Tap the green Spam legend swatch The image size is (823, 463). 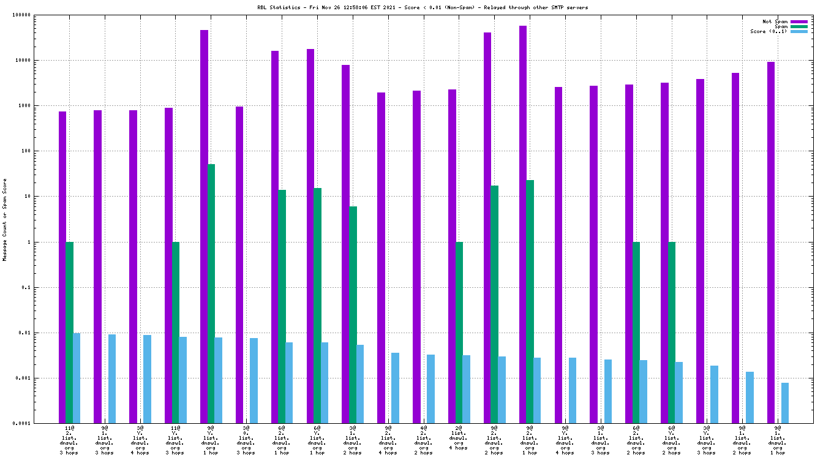[x=799, y=26]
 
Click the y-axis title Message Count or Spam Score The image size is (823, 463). [x=5, y=220]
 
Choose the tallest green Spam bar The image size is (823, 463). [x=211, y=293]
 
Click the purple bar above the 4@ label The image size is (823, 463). [x=416, y=257]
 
